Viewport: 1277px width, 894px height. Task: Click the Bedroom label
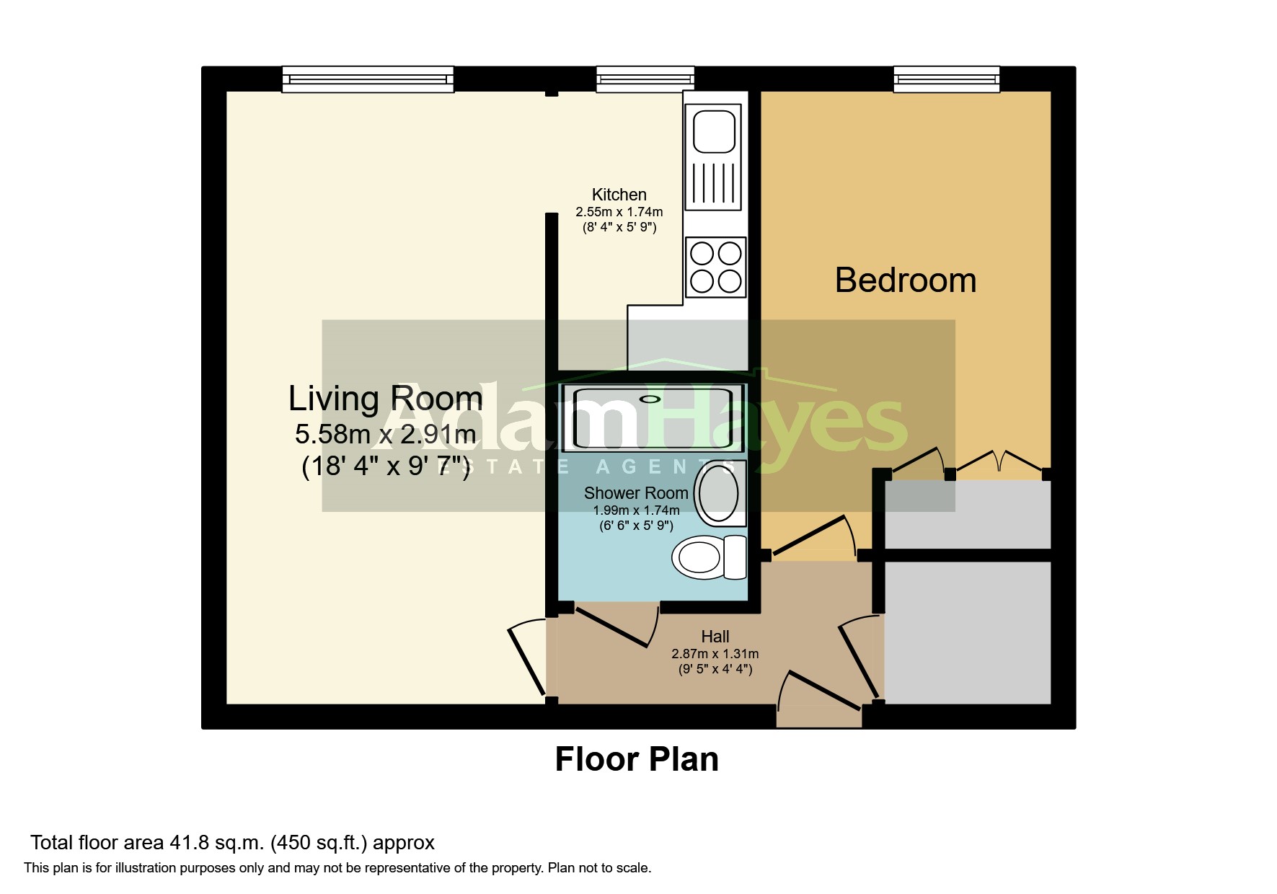(x=905, y=280)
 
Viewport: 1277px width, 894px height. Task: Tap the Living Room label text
(x=385, y=399)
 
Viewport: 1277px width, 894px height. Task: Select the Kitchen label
(x=619, y=195)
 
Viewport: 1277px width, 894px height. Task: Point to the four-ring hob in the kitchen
(x=715, y=267)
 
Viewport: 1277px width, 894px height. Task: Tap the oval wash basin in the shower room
(x=718, y=494)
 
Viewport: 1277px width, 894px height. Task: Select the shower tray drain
(x=650, y=399)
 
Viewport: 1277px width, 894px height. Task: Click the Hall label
(x=715, y=637)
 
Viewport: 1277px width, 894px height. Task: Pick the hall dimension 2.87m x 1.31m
(x=715, y=654)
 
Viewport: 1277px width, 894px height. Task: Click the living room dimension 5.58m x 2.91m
(x=385, y=434)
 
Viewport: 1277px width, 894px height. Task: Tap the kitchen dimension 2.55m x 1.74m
(x=619, y=212)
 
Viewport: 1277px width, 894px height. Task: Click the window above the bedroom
(x=946, y=79)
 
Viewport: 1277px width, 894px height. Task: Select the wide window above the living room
(x=368, y=79)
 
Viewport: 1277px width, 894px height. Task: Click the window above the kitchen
(x=645, y=79)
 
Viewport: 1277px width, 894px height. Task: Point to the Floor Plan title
(x=637, y=759)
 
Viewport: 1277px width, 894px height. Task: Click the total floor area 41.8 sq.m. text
(x=232, y=842)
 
